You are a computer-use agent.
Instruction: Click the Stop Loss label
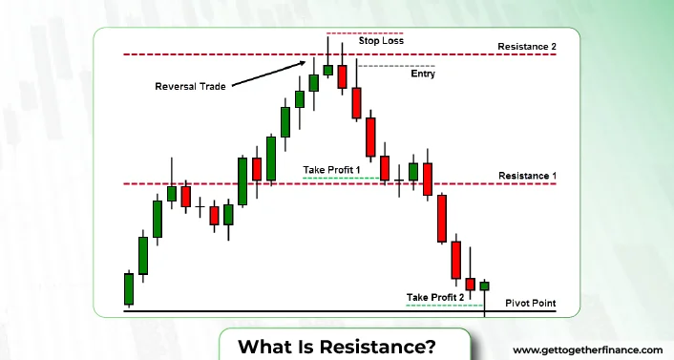(381, 41)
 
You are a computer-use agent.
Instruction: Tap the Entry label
(422, 74)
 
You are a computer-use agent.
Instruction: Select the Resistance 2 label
(526, 47)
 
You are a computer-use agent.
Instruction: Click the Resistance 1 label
(527, 177)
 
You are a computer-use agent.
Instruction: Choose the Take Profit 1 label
(332, 169)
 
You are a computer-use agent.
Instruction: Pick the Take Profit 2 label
(435, 297)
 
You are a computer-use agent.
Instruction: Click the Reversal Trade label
(191, 87)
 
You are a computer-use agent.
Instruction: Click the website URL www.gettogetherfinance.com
(588, 349)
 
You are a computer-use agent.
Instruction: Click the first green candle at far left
(128, 287)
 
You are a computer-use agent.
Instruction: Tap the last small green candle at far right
(484, 286)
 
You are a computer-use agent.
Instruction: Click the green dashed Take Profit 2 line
(444, 305)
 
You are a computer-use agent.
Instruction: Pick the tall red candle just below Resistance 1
(441, 219)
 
